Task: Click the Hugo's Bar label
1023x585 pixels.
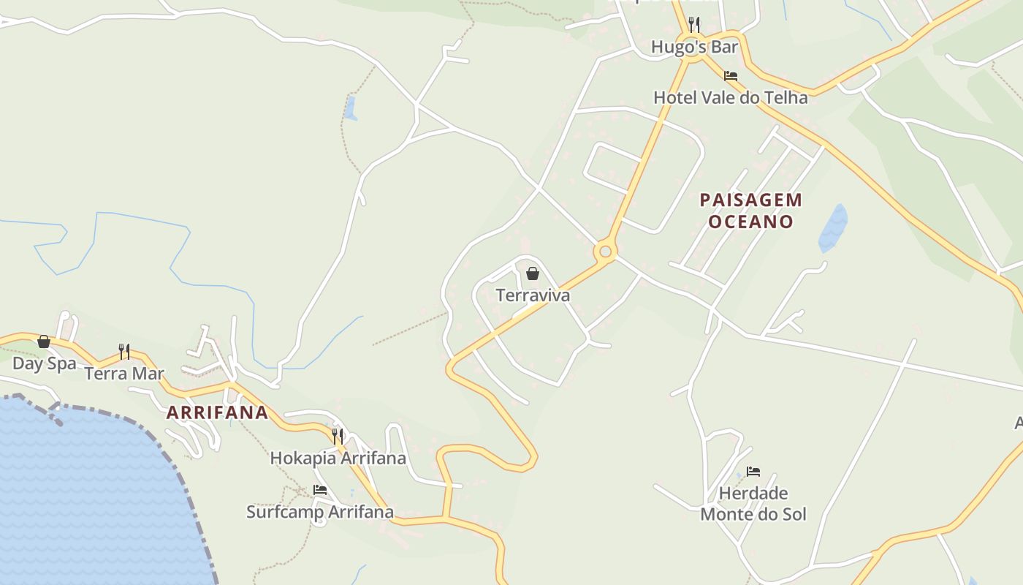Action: (694, 48)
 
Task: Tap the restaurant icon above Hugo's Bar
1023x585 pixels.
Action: (694, 25)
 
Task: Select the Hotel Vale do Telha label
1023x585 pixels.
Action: (730, 97)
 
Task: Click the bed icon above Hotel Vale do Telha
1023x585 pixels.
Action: (730, 75)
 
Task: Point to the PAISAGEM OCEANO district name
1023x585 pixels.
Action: (750, 211)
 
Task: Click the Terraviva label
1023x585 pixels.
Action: (533, 295)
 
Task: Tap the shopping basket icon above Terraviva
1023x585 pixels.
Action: (533, 273)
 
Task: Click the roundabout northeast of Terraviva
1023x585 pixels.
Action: (605, 252)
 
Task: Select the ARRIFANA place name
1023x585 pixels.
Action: (218, 412)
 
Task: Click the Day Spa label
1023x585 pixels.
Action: (44, 363)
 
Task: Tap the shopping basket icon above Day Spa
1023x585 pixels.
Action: (44, 341)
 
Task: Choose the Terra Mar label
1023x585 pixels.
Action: (124, 374)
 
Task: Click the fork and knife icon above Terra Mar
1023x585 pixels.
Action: (124, 352)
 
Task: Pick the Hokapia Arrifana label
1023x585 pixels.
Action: (338, 458)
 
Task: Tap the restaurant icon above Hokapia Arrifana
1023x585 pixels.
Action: (338, 436)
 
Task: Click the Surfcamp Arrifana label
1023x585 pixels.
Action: (319, 512)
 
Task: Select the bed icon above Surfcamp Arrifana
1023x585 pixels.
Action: (319, 490)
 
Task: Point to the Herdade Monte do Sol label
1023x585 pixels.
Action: (753, 504)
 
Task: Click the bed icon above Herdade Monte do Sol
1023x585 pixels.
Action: (753, 472)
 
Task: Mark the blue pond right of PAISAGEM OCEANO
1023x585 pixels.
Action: (834, 228)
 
